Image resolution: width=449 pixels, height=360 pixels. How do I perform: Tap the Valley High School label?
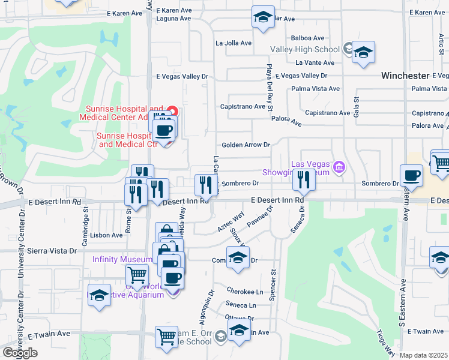pyautogui.click(x=305, y=49)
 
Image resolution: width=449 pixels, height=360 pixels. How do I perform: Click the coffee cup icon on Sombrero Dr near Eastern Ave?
pyautogui.click(x=412, y=175)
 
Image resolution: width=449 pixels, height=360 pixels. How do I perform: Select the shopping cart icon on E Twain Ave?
pyautogui.click(x=166, y=336)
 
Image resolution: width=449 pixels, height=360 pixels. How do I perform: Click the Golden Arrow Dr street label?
pyautogui.click(x=246, y=145)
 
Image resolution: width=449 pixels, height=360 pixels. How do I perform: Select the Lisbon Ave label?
pyautogui.click(x=109, y=235)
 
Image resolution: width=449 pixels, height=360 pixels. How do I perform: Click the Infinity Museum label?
pyautogui.click(x=122, y=259)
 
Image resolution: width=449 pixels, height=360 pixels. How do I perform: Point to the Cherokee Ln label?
pyautogui.click(x=245, y=292)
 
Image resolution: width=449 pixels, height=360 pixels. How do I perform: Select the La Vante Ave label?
pyautogui.click(x=315, y=62)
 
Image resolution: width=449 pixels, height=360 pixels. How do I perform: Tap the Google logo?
pyautogui.click(x=20, y=352)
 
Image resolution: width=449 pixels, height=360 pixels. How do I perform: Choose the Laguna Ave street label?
pyautogui.click(x=172, y=19)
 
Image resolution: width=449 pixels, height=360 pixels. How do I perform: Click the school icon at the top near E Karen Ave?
pyautogui.click(x=263, y=17)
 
